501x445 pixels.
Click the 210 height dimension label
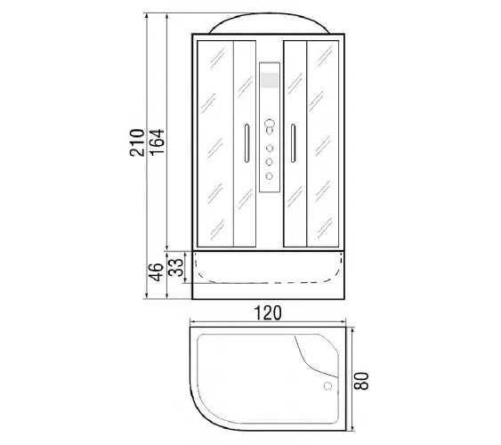[x=137, y=142]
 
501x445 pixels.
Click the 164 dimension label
[x=157, y=142]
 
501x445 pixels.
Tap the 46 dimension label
[x=157, y=272]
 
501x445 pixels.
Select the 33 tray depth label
[x=176, y=267]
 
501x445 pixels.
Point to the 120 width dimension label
[x=268, y=313]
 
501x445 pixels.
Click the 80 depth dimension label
[x=361, y=381]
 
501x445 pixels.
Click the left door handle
[x=246, y=143]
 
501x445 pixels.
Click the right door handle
[x=293, y=143]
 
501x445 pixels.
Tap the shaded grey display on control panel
[x=270, y=80]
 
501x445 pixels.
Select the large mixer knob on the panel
[x=270, y=125]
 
